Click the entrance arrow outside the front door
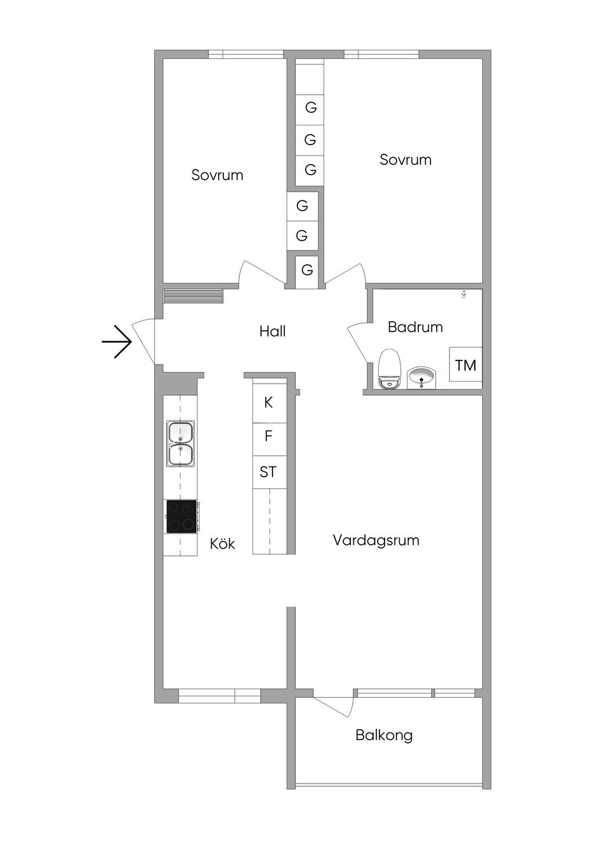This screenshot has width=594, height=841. click(x=117, y=341)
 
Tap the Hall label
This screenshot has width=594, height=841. click(x=272, y=331)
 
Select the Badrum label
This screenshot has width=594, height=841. click(x=415, y=327)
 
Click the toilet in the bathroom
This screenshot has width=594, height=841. click(x=389, y=369)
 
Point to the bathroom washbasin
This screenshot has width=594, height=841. click(x=421, y=378)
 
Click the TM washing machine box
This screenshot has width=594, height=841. click(x=465, y=364)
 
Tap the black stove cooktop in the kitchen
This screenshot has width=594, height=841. click(x=182, y=516)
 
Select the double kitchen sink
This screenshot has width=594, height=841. click(x=180, y=443)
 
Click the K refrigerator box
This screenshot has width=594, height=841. click(x=269, y=402)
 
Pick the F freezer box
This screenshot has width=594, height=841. click(x=269, y=436)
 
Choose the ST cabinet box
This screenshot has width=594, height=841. click(x=269, y=472)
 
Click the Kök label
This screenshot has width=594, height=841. click(x=222, y=544)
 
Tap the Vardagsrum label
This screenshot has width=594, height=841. click(x=376, y=540)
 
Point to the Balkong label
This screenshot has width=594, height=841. click(x=384, y=735)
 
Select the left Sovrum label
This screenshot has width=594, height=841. click(x=217, y=175)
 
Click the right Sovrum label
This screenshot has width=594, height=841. click(x=405, y=160)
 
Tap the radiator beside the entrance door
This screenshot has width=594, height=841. click(x=193, y=296)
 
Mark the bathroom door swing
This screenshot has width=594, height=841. click(x=358, y=342)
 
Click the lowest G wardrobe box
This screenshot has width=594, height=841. click(x=307, y=270)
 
